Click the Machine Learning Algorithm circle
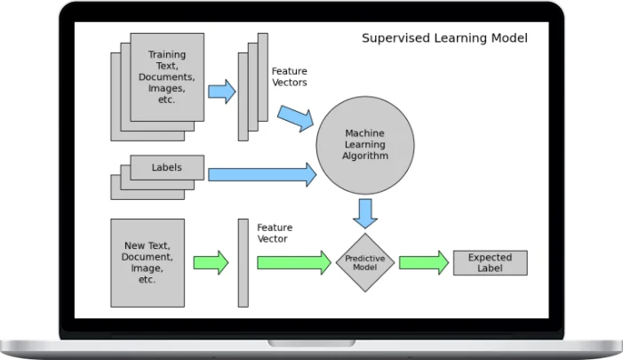tap(364, 145)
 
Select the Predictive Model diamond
tap(364, 262)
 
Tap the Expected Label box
tap(490, 262)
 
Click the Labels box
tap(167, 167)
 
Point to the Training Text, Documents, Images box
tap(167, 77)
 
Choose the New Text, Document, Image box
tap(148, 262)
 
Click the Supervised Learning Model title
tap(444, 38)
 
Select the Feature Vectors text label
tap(289, 76)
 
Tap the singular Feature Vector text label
tap(275, 234)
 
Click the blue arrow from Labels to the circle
tap(261, 174)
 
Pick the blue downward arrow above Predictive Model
tap(364, 212)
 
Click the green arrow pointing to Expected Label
tap(423, 262)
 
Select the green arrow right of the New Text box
tap(211, 262)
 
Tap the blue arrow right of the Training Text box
tap(221, 91)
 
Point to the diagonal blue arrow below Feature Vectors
tap(295, 116)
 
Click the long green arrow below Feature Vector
tap(293, 262)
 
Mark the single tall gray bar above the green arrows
tap(243, 262)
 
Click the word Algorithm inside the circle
tap(365, 156)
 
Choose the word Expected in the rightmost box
tap(491, 257)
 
